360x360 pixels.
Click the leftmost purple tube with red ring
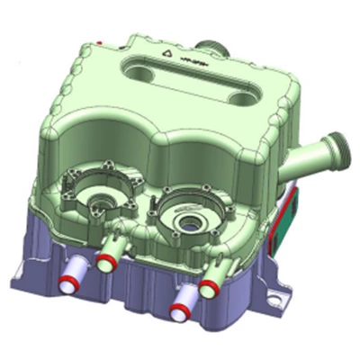pyautogui.click(x=78, y=267)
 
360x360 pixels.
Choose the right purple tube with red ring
pyautogui.click(x=181, y=307)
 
